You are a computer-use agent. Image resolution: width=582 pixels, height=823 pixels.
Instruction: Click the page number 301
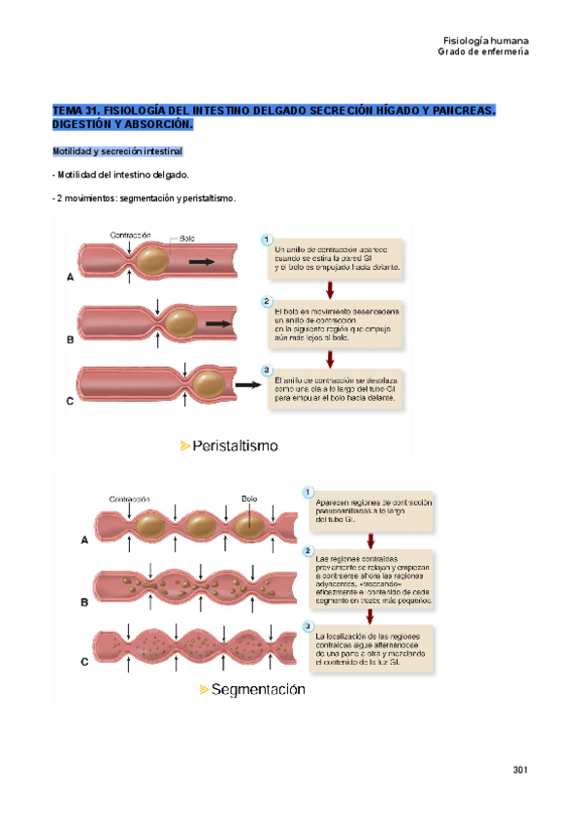519,770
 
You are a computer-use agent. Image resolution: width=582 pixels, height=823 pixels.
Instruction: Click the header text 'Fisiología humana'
485,40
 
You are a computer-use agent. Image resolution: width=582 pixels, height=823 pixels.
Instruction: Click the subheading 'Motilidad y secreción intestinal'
116,152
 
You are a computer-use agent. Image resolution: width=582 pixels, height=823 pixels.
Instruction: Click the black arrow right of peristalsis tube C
249,384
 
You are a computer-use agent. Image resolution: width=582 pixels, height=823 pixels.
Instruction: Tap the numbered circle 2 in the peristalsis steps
267,302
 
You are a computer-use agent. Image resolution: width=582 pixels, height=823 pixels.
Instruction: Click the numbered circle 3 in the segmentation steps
308,625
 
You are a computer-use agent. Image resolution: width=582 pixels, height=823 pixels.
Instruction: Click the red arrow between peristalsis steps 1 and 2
330,288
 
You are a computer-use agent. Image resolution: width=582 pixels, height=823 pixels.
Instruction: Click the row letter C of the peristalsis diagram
69,400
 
